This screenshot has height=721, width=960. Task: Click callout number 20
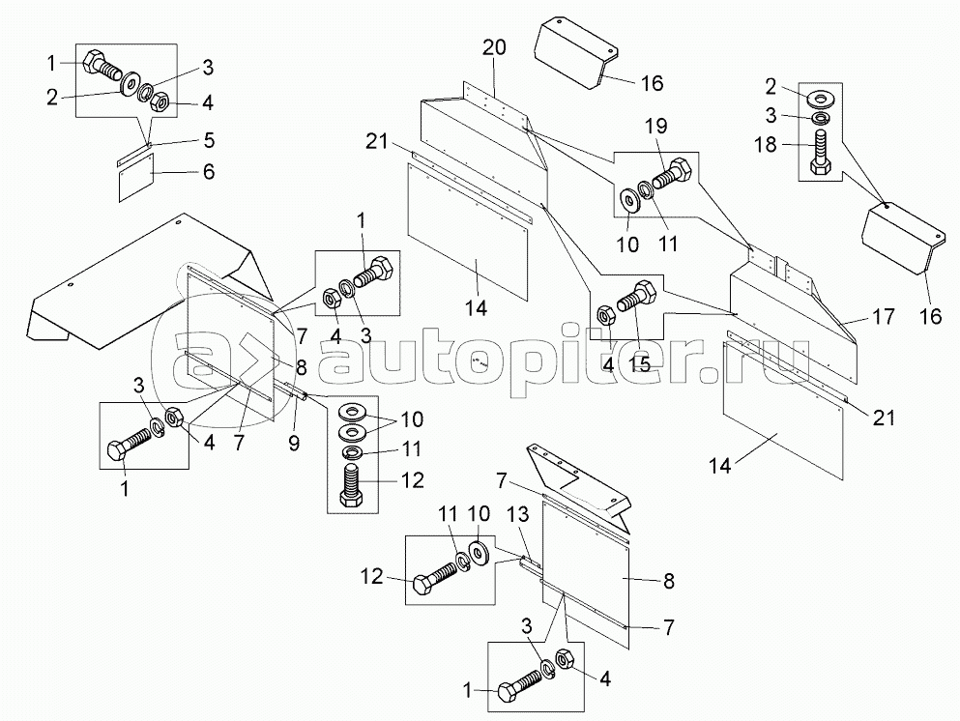point(494,47)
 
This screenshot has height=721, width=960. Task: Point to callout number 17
point(883,316)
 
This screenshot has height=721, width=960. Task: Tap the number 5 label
point(209,140)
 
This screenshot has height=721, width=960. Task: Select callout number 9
point(295,443)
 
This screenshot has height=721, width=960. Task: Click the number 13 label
point(518,514)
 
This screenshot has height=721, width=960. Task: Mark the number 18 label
point(766,145)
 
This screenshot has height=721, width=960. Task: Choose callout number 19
point(655,126)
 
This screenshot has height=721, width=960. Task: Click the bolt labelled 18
point(821,154)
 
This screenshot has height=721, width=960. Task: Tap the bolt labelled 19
point(672,173)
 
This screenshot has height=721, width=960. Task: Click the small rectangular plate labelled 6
point(136,177)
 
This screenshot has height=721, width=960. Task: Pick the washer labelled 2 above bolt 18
point(821,98)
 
